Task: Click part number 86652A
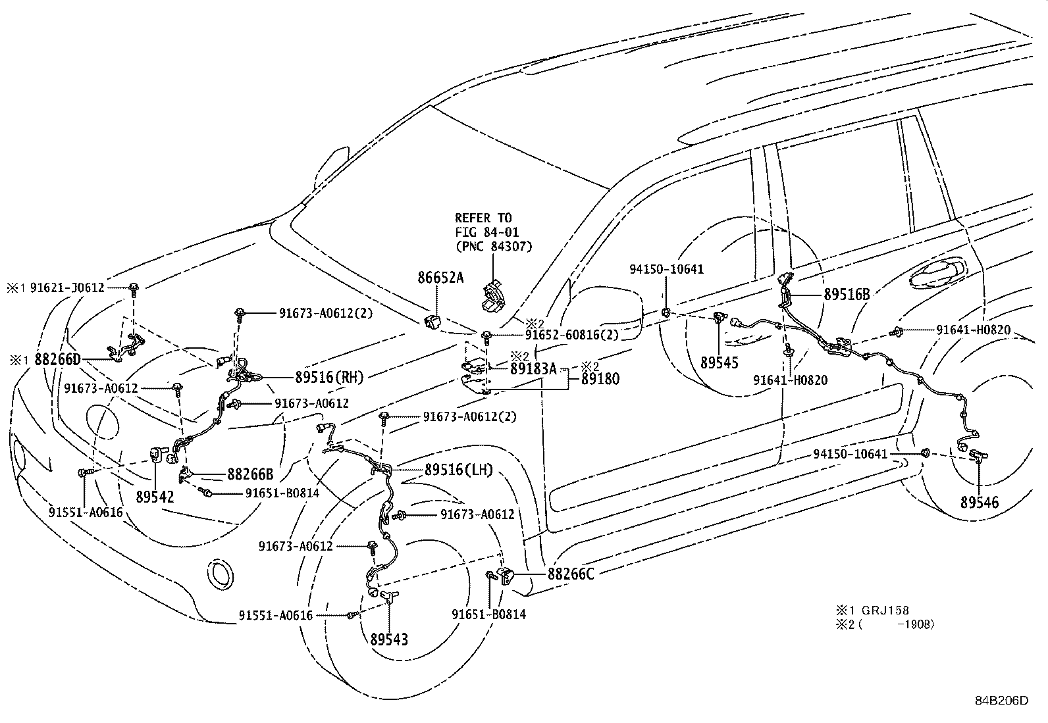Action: click(x=440, y=278)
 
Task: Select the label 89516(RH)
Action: click(x=329, y=377)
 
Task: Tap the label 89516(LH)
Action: click(x=459, y=470)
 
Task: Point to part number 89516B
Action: click(x=847, y=295)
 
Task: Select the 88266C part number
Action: click(x=571, y=574)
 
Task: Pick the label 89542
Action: click(x=155, y=497)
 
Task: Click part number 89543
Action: click(x=388, y=639)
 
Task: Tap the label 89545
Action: click(x=719, y=362)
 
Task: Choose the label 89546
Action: click(x=979, y=503)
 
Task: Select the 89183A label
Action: click(x=533, y=369)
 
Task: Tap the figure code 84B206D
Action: click(x=1001, y=700)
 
